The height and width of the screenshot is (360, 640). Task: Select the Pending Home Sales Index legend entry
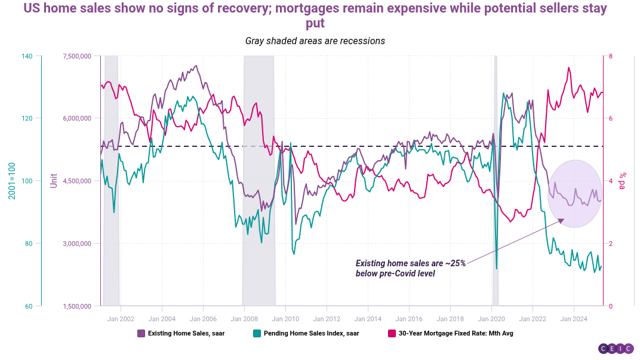(x=306, y=333)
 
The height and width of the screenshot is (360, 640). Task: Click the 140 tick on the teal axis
(x=27, y=56)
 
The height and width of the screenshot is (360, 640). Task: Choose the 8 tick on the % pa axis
(x=610, y=56)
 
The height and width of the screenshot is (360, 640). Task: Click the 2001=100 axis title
(x=11, y=181)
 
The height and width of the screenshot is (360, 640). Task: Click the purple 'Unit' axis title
(x=54, y=181)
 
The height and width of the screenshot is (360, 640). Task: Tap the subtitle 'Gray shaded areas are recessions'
(x=315, y=41)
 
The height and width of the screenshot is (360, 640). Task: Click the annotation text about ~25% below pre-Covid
(x=410, y=268)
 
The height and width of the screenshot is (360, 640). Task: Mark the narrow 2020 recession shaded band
(x=495, y=179)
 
